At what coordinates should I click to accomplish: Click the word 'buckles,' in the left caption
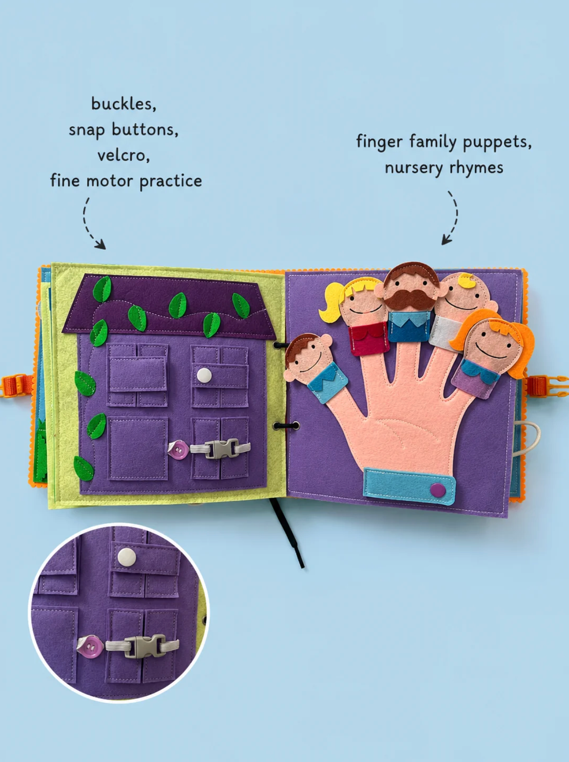coord(124,104)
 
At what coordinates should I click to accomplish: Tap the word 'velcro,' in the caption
coord(124,155)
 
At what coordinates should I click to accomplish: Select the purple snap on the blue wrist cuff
coord(437,490)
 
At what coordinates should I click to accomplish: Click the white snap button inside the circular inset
coord(127,557)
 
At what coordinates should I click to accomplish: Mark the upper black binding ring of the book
coord(279,345)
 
